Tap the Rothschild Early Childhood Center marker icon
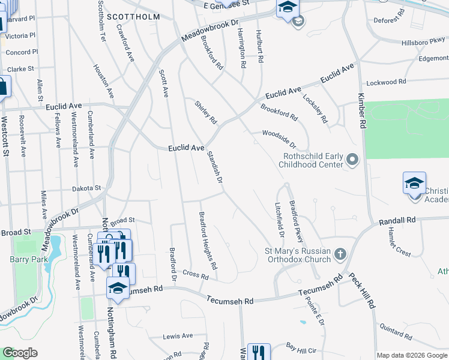(x=352, y=160)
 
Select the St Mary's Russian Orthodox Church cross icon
(x=340, y=254)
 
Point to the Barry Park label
(x=24, y=259)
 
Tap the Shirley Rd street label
(x=205, y=112)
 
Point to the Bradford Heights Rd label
(x=208, y=240)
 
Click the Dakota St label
(x=86, y=188)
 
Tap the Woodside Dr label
(x=279, y=139)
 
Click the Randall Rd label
(x=397, y=221)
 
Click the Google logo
(x=20, y=353)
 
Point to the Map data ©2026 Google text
(x=412, y=355)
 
